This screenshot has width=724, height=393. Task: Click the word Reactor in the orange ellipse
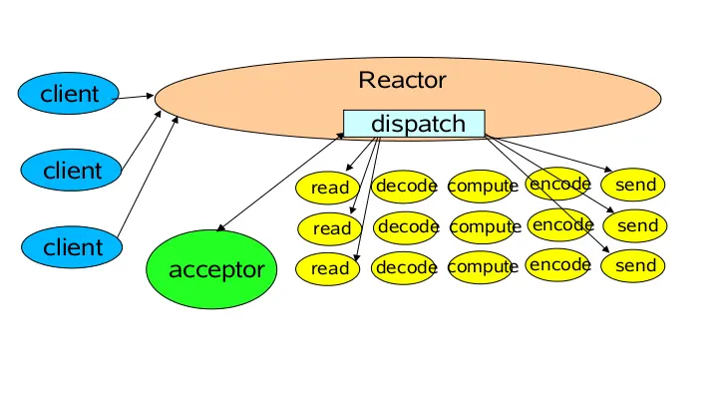pos(402,80)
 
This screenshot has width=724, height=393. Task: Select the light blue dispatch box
pos(414,124)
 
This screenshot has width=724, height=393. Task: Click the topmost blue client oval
pos(70,95)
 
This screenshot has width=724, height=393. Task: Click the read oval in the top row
pos(330,188)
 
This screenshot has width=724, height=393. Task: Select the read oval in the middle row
pos(331,228)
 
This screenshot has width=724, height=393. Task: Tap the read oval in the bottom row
pos(330,268)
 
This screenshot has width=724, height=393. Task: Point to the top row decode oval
pos(406,185)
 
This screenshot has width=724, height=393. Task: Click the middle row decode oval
pos(408,226)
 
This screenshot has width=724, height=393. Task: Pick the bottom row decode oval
pos(406,267)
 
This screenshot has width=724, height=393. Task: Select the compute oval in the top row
pos(482,186)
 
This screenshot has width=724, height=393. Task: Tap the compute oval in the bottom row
pos(482,267)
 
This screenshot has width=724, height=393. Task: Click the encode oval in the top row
pos(558,184)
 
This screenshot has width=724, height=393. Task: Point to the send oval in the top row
pos(635,185)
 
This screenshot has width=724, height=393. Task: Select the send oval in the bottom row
pos(635,266)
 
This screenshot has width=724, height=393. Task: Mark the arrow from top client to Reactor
pos(136,97)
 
